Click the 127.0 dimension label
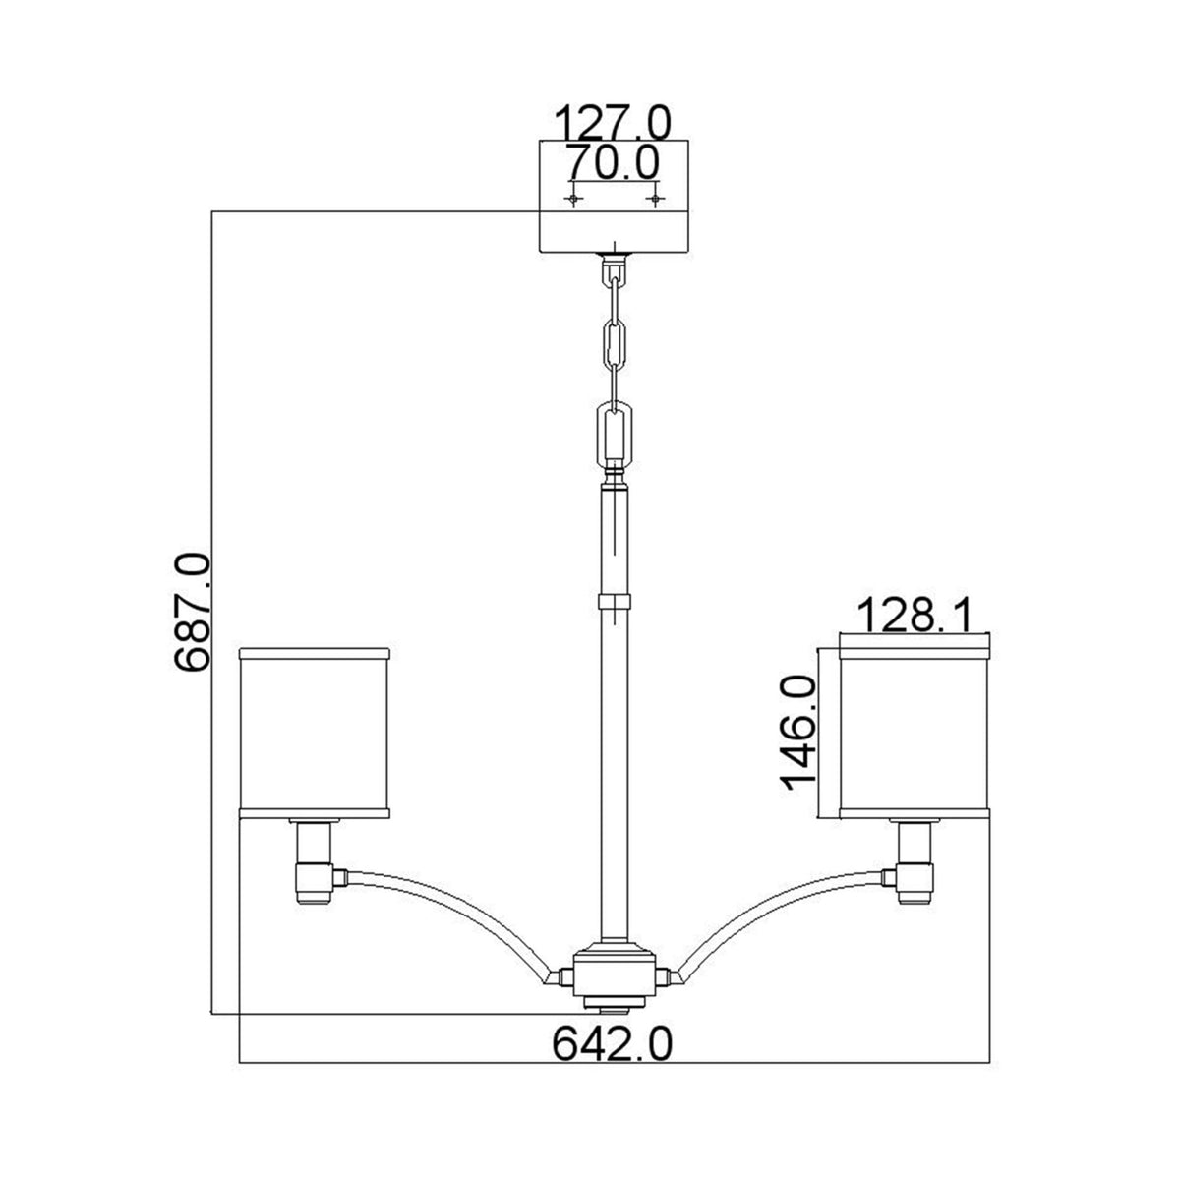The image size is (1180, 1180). coord(615,124)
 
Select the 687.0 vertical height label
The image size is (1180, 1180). coord(192,612)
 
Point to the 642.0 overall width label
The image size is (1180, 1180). coord(614,1042)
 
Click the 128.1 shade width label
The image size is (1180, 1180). coord(914,617)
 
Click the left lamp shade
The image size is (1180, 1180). coord(316,733)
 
